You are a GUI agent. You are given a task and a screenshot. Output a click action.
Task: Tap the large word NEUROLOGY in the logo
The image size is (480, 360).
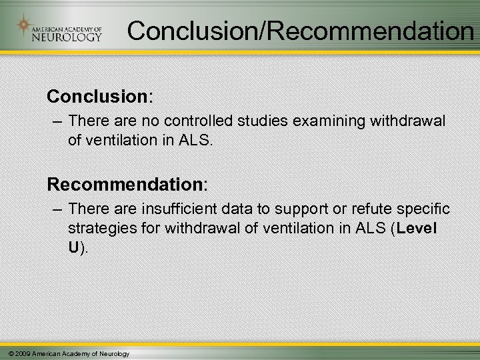click(x=66, y=37)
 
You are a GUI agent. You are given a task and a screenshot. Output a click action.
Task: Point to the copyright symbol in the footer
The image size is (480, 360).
click(x=7, y=353)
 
